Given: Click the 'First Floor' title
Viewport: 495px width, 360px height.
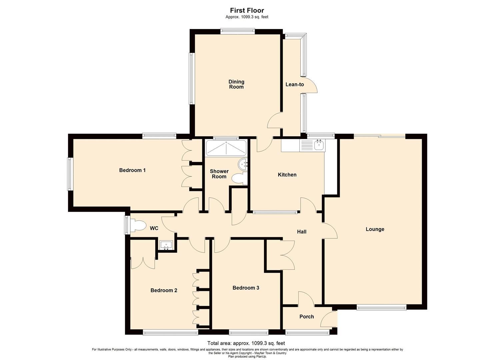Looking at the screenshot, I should (x=247, y=10).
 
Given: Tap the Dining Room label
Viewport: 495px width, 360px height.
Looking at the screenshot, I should (x=236, y=84).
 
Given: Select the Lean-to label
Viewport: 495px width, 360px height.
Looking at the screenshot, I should (x=295, y=84).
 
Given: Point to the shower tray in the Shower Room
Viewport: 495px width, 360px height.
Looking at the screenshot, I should (x=226, y=148).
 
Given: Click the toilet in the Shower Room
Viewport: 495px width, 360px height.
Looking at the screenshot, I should (x=239, y=178).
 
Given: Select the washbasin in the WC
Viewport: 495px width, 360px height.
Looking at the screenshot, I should (x=166, y=245).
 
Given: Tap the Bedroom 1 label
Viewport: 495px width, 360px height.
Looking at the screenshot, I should (x=132, y=170).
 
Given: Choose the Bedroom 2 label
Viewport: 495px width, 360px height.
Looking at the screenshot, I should (x=164, y=290).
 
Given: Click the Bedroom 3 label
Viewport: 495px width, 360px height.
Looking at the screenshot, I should (x=246, y=288).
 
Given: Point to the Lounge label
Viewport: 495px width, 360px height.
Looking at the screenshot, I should (x=375, y=229).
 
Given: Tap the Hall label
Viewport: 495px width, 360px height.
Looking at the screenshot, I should (x=302, y=232).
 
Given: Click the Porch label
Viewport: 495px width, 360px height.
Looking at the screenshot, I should (x=306, y=316).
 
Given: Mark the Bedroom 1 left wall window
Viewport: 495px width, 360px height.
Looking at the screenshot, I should (x=70, y=174).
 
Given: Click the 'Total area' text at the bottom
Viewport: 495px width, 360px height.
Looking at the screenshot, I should (x=246, y=343).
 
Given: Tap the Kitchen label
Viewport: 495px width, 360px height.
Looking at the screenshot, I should (x=287, y=175).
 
